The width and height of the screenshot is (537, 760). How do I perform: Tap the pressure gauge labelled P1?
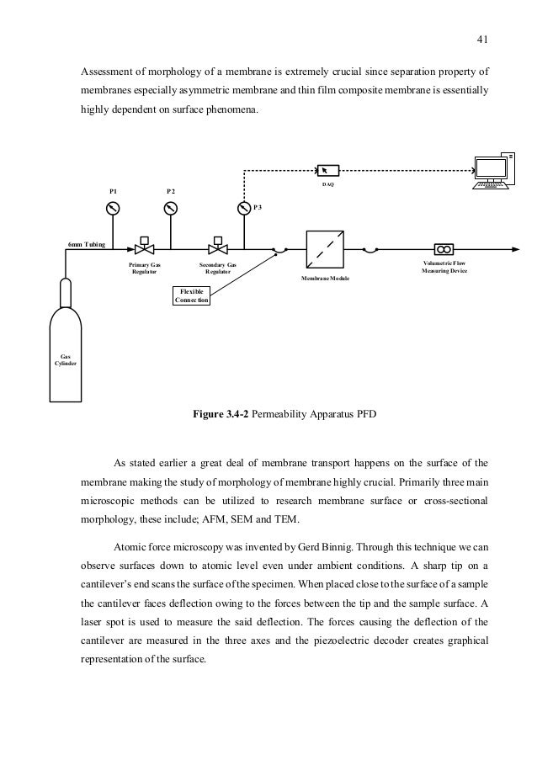(x=114, y=208)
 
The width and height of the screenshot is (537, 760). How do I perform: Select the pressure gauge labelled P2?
(x=171, y=208)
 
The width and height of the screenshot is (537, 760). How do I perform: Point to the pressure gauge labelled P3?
(x=243, y=208)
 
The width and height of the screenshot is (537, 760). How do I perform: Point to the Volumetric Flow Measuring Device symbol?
(x=444, y=248)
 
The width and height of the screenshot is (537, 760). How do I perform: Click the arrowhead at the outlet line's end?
(x=516, y=248)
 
